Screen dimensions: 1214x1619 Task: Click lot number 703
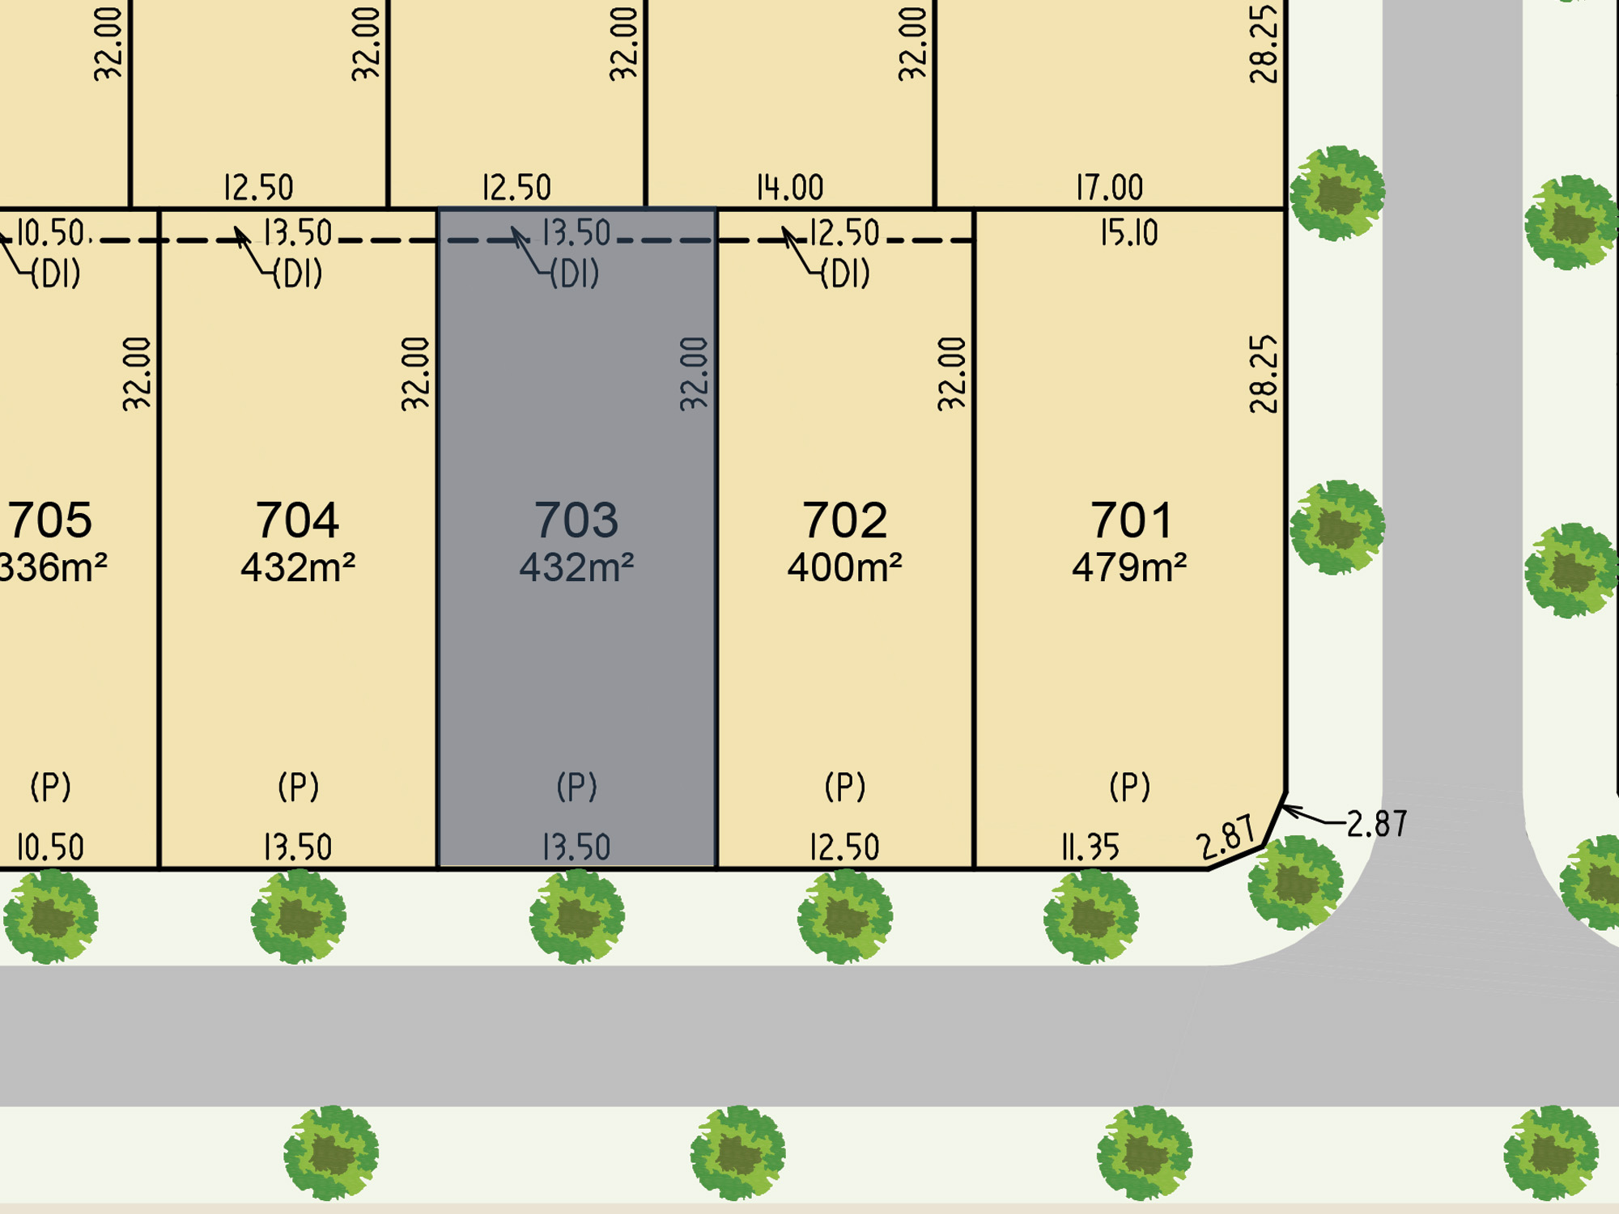pos(576,520)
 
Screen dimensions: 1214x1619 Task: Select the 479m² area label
pos(1129,567)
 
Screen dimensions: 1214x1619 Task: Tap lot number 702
pos(844,520)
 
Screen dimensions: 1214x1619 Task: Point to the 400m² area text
pos(844,567)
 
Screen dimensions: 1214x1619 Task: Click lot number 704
pos(297,520)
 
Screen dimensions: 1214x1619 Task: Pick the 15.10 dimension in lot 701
pos(1128,233)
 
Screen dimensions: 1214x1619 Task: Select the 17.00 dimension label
pos(1109,188)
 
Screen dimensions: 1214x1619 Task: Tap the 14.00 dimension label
pos(789,188)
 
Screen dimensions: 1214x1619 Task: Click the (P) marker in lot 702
pos(844,786)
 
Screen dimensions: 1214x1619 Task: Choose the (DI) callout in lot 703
pos(574,274)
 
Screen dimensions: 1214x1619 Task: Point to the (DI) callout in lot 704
pos(297,274)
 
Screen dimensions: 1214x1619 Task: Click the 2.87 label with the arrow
pos(1376,824)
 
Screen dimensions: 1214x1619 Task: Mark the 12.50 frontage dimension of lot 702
pos(844,847)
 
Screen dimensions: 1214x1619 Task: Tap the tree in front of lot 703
pos(576,916)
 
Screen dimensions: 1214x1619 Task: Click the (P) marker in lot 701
pos(1129,786)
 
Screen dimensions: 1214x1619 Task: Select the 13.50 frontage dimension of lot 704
pos(297,847)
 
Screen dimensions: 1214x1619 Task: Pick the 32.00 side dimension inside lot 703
pos(695,374)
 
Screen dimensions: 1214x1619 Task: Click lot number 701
pos(1131,520)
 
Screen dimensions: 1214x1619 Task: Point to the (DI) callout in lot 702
pos(844,274)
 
